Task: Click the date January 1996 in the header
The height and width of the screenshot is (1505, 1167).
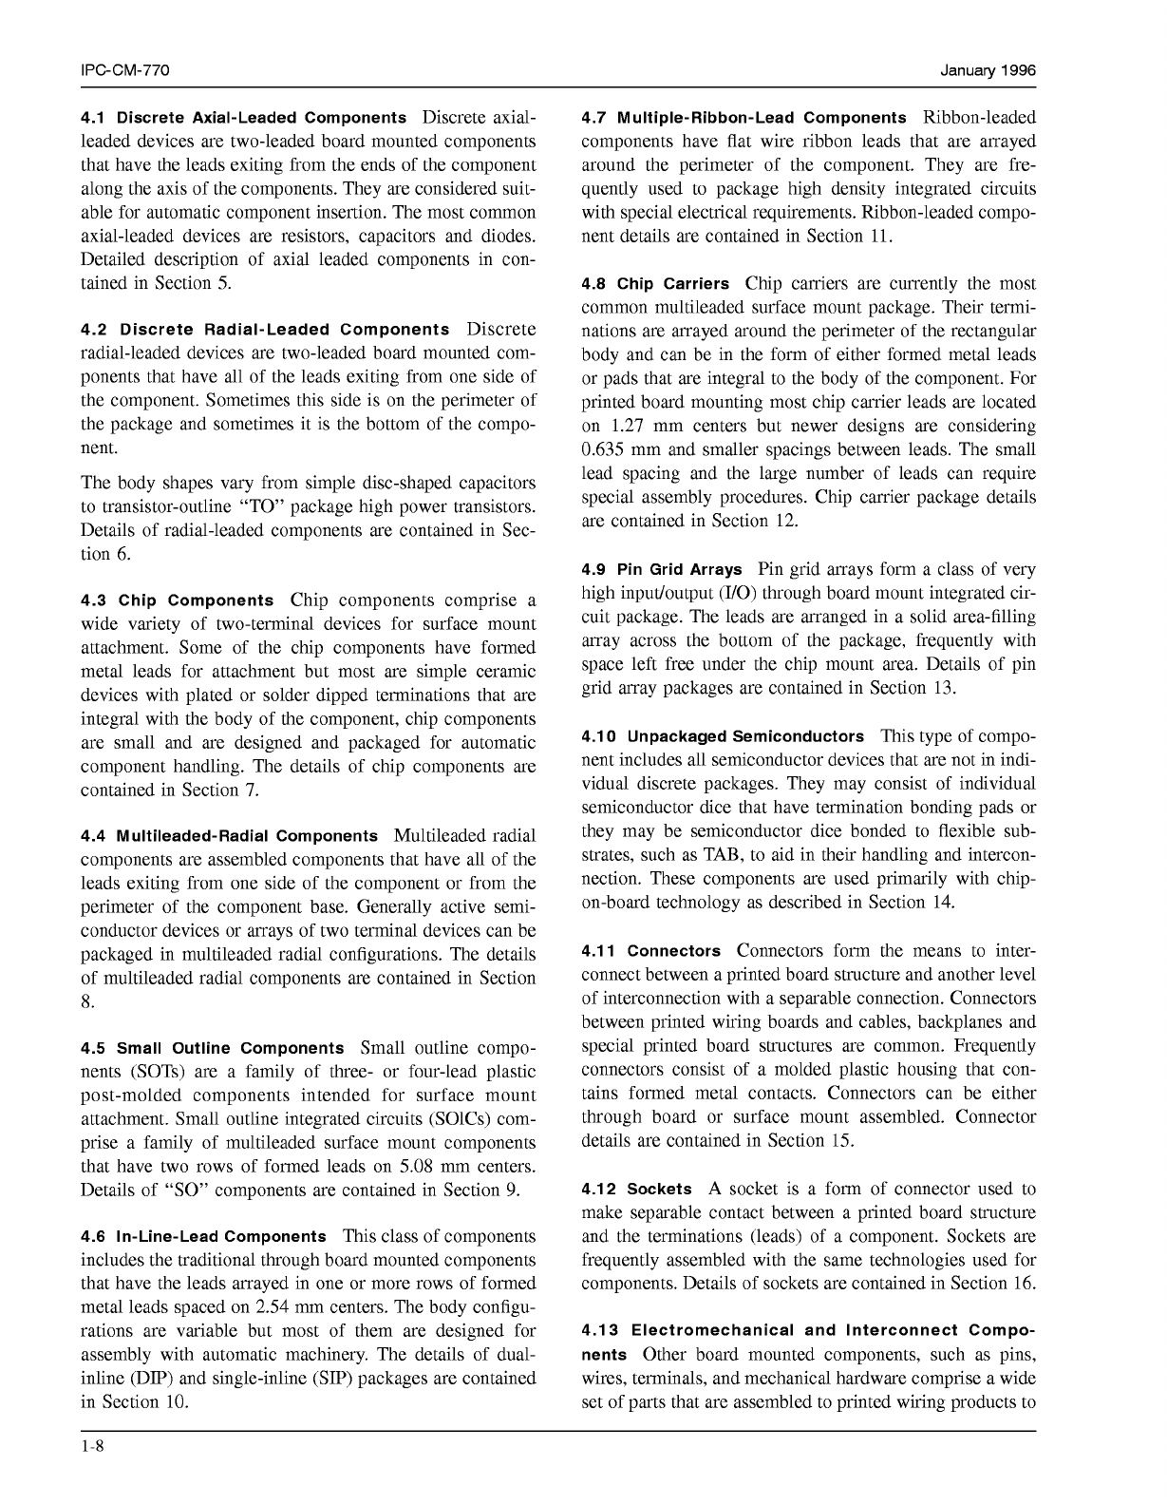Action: (x=988, y=71)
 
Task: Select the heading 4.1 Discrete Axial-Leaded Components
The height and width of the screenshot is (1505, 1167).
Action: (x=243, y=119)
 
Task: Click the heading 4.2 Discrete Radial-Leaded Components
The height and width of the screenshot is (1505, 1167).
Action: (x=266, y=331)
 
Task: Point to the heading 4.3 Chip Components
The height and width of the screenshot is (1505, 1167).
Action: (x=178, y=601)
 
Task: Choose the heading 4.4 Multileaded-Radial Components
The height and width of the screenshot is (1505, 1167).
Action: (x=229, y=837)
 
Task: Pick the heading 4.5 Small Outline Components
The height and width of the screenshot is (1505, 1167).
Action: (x=213, y=1049)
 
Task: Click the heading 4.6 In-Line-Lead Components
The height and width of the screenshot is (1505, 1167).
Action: (x=203, y=1237)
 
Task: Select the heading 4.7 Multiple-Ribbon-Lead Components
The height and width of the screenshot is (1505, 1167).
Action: (x=743, y=119)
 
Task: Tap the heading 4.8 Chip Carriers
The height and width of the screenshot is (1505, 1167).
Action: (x=655, y=284)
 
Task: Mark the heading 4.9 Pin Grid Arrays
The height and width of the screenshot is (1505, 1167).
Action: (x=662, y=570)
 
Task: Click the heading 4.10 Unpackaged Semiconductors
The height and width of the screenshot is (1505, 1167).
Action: (x=723, y=736)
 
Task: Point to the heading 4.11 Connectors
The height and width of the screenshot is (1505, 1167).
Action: (x=651, y=951)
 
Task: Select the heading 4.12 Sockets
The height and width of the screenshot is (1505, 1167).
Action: (x=636, y=1190)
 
